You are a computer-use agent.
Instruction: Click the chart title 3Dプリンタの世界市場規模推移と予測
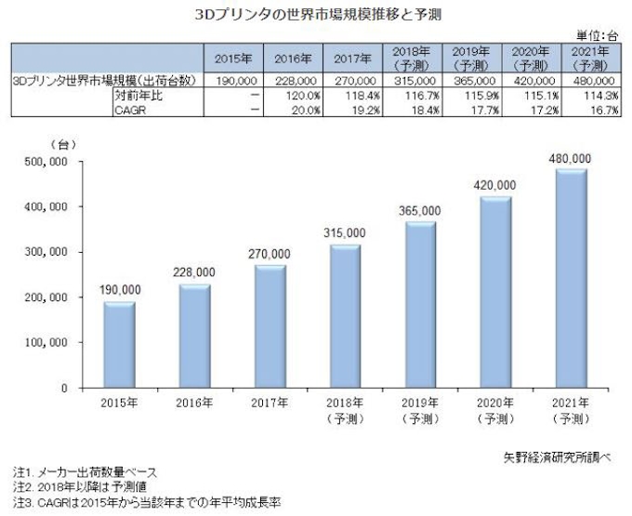(315, 13)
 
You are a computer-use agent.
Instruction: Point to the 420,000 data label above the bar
(493, 185)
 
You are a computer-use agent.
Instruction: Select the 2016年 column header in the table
(293, 59)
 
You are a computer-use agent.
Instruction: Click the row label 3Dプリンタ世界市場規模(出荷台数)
(103, 81)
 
